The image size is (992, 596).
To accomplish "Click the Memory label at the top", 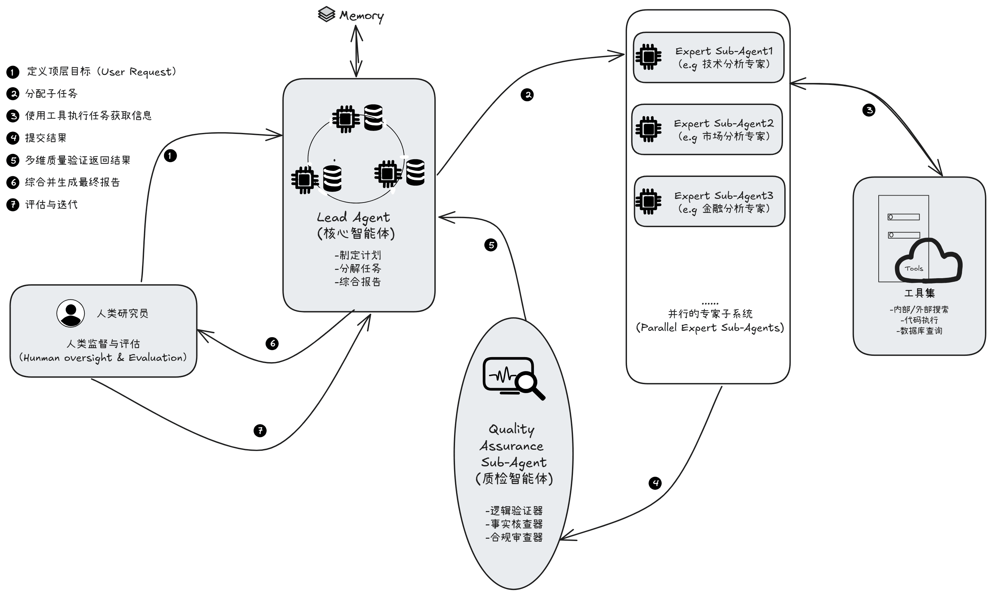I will [x=361, y=16].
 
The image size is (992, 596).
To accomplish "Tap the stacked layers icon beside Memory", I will [x=326, y=14].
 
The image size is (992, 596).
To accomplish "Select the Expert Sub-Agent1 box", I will [x=708, y=57].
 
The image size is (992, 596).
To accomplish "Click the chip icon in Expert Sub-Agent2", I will [x=648, y=129].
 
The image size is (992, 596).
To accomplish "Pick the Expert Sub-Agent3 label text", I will [x=723, y=196].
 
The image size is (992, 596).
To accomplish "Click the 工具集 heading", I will [x=919, y=293].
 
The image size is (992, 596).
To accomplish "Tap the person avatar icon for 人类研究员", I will [x=71, y=313].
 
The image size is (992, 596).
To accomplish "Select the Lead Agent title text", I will [x=353, y=218].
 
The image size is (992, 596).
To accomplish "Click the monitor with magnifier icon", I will [x=513, y=377].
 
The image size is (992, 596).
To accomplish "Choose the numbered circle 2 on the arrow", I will [x=527, y=95].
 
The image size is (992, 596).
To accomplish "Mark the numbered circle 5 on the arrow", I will [x=491, y=245].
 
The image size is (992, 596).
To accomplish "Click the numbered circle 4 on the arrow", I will [x=655, y=483].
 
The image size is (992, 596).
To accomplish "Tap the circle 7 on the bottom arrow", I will [x=260, y=430].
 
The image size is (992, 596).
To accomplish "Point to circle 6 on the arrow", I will [x=272, y=343].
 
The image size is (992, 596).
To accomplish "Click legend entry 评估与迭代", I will [x=51, y=205].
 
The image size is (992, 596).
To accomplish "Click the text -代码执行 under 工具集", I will [x=919, y=320].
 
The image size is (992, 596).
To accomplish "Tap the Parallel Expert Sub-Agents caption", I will [x=710, y=328].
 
